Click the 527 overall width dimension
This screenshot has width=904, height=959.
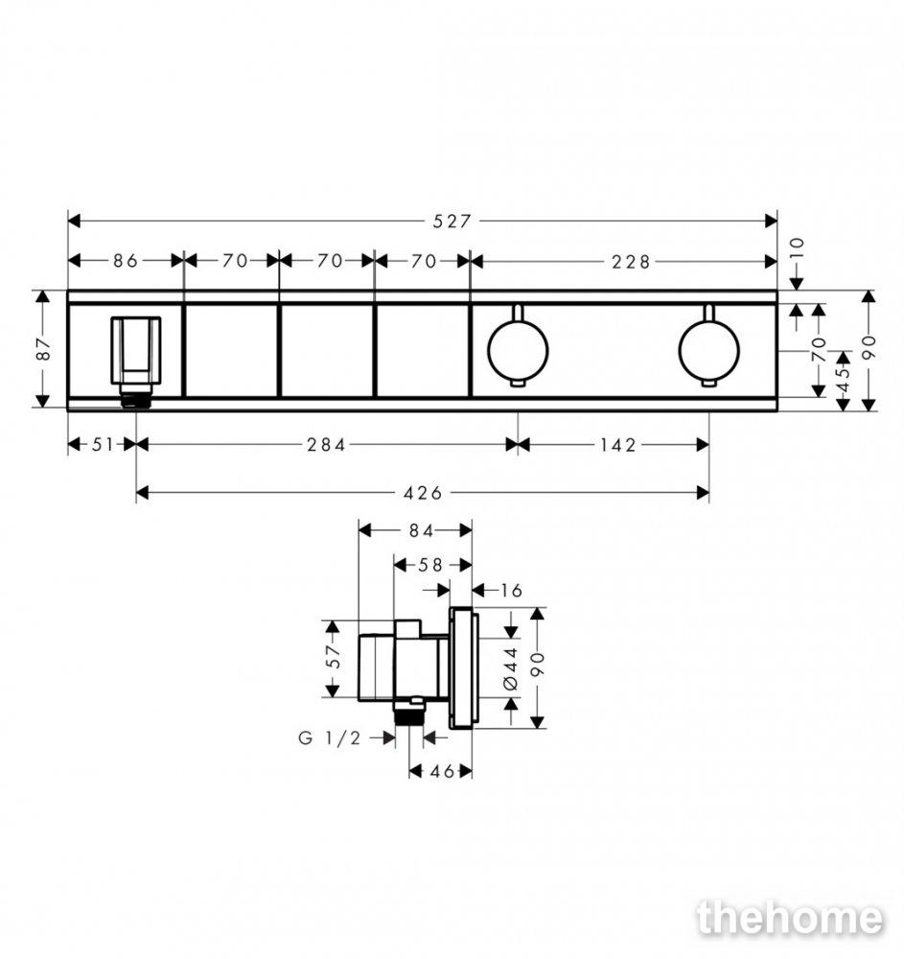(x=452, y=222)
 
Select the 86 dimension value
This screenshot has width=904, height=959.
(x=126, y=261)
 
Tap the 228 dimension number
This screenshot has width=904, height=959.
(x=631, y=263)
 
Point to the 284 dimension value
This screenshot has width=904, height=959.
(x=326, y=445)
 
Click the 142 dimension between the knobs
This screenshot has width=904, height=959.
(x=618, y=445)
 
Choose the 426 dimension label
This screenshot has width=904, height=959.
(x=423, y=493)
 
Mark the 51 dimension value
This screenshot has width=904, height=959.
(x=103, y=445)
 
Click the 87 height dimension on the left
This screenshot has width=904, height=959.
(x=44, y=349)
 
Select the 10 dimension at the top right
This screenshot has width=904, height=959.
(x=798, y=249)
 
